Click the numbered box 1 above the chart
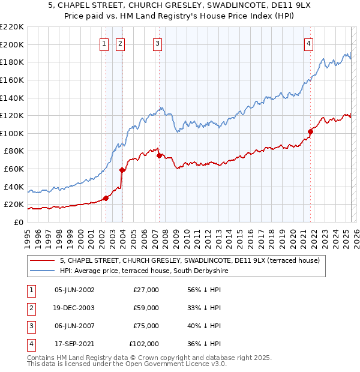[104, 43]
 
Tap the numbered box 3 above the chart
[157, 43]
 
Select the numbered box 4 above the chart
[308, 43]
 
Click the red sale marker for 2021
[310, 131]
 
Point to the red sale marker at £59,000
[122, 170]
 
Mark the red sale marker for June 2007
[159, 155]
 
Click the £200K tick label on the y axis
[12, 44]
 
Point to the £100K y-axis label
[12, 133]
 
